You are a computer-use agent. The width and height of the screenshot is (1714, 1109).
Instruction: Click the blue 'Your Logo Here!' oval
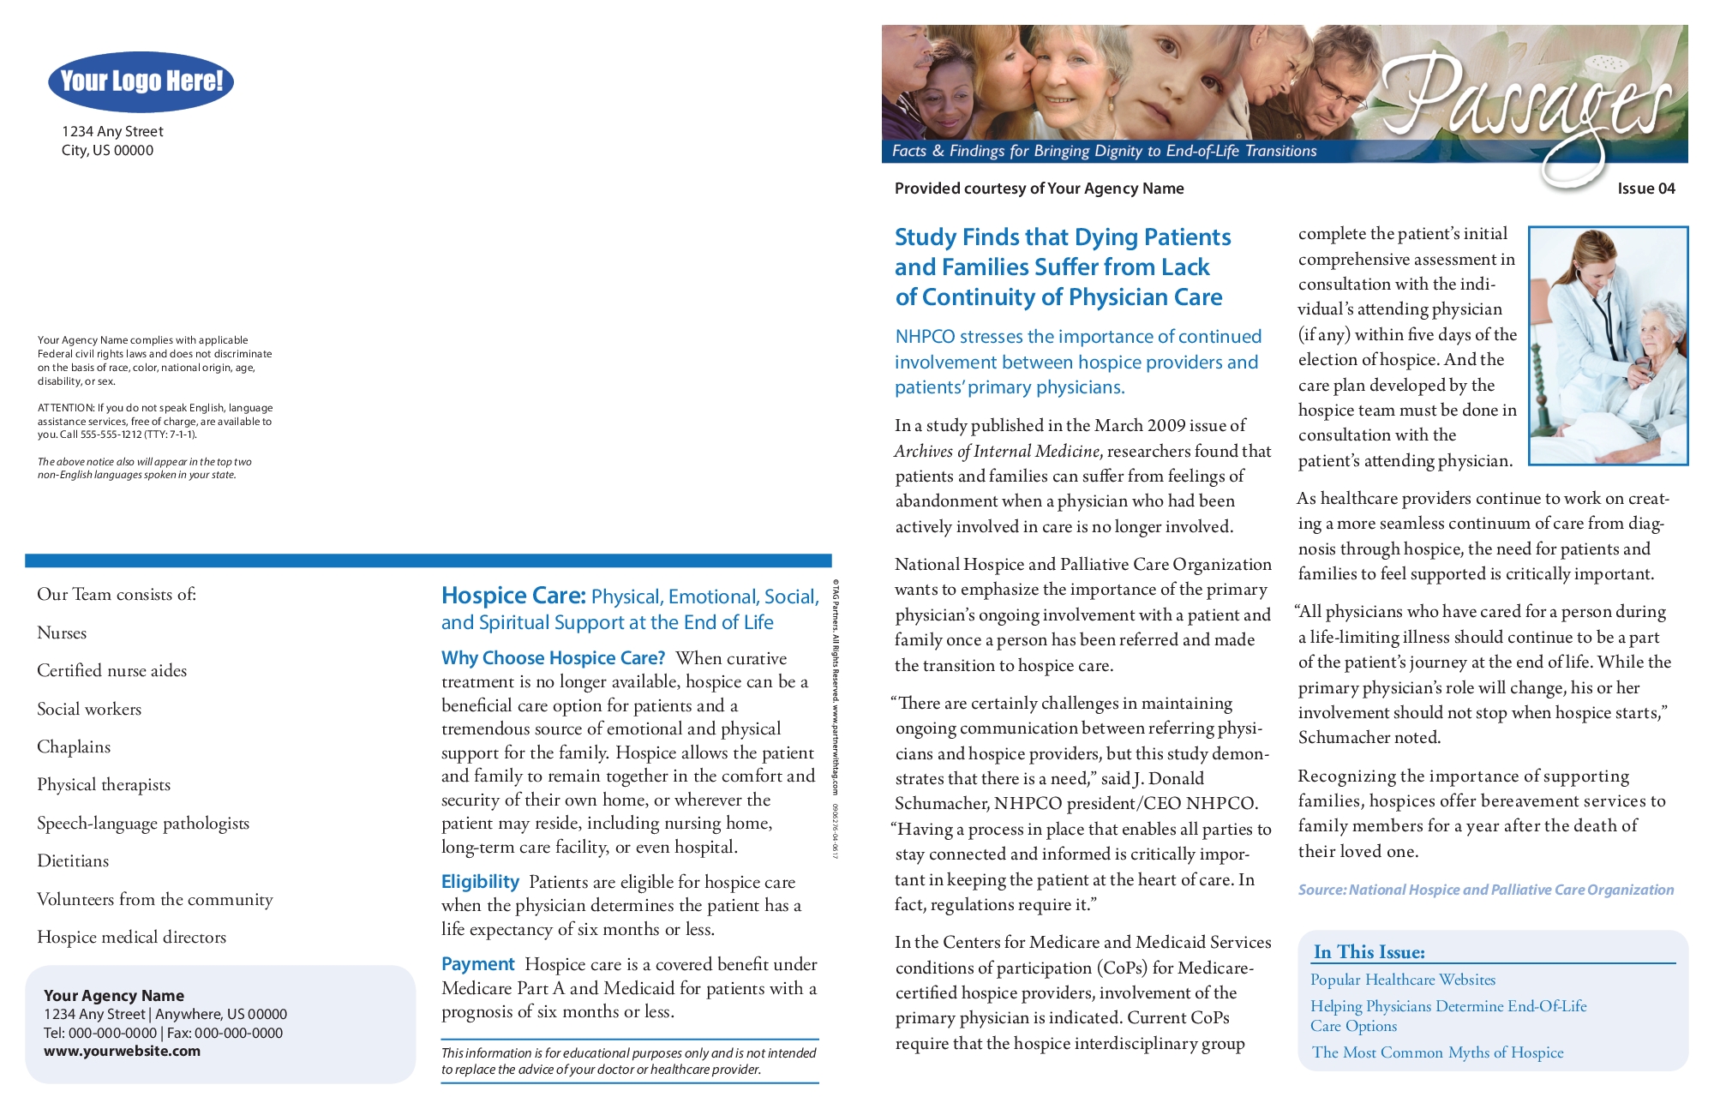(141, 81)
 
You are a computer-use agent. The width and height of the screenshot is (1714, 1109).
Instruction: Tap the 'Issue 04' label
(1645, 189)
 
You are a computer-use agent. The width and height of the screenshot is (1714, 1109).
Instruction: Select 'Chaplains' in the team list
(74, 746)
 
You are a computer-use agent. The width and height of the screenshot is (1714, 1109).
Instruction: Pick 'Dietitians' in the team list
(73, 860)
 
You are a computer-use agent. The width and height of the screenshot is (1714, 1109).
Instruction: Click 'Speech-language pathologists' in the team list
(143, 823)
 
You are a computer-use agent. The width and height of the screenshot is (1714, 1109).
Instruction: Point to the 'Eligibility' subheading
(480, 882)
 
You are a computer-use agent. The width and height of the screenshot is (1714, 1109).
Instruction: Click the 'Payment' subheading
(477, 964)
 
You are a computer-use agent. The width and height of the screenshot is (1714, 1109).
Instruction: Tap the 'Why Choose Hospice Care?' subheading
(553, 658)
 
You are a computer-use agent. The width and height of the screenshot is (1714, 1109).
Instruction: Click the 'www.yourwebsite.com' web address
(122, 1052)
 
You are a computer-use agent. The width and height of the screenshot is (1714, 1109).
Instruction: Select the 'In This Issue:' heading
(1369, 952)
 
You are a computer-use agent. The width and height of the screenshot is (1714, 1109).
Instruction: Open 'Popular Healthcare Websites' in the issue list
(1402, 980)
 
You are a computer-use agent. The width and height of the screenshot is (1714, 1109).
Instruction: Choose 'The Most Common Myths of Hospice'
(1437, 1052)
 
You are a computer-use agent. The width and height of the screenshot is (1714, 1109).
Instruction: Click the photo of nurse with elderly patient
(1608, 345)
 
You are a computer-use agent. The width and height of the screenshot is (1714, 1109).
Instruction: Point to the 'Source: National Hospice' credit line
(1485, 890)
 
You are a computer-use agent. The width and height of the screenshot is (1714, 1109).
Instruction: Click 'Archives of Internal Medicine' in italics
(997, 451)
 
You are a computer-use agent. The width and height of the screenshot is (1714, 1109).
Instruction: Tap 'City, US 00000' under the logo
(107, 151)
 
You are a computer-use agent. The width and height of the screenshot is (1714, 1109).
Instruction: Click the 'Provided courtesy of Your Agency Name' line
(1039, 189)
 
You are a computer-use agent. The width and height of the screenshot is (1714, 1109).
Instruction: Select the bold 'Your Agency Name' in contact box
(114, 996)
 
